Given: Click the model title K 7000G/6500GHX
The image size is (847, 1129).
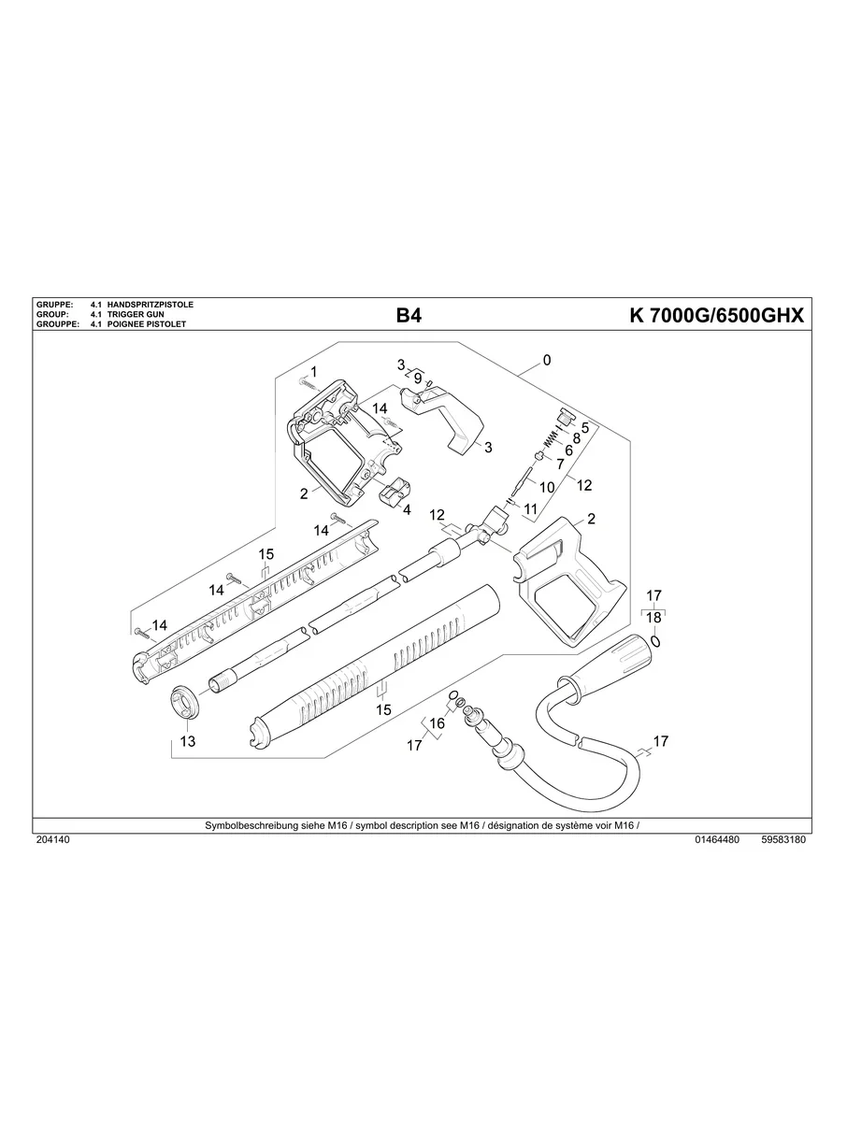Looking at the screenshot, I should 716,316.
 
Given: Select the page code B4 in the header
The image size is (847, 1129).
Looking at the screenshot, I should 409,316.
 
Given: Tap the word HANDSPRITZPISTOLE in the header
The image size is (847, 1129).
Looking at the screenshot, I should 151,306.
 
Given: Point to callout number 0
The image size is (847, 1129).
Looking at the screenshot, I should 547,360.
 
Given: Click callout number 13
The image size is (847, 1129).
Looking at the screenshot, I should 187,741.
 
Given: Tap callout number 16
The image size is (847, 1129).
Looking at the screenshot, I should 437,723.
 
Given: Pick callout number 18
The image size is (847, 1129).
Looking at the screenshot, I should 653,618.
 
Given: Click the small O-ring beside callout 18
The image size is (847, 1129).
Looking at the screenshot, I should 658,642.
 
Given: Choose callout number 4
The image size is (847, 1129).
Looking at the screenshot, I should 407,510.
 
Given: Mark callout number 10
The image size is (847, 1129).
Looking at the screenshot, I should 547,487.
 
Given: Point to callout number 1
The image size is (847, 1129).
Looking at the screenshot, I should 313,371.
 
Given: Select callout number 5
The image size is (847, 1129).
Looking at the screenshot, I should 584,427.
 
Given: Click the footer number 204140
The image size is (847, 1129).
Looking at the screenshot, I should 52,840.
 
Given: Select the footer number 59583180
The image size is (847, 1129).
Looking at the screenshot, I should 783,840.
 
